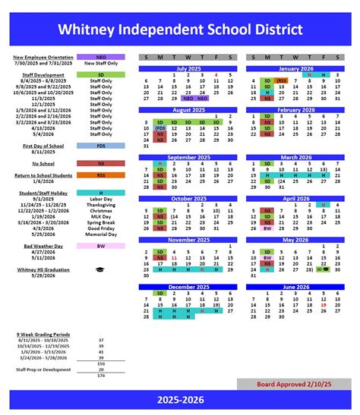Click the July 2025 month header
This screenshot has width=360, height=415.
(186, 68)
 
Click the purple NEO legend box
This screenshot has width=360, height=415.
(100, 57)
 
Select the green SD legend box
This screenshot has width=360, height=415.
(100, 75)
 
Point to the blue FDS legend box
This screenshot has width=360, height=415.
(100, 145)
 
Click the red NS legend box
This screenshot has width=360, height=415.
(100, 163)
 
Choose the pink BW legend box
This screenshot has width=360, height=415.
(100, 245)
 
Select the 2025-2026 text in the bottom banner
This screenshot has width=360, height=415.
(180, 398)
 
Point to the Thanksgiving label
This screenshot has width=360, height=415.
(100, 205)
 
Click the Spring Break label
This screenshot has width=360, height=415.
(100, 222)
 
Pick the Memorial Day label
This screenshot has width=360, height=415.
(100, 234)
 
